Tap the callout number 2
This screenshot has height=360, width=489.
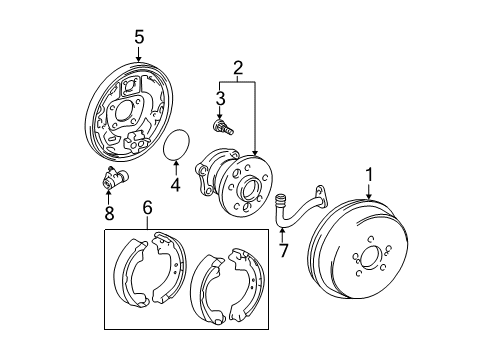[237, 68]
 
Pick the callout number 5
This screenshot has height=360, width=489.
[139, 37]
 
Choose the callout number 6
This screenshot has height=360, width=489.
[147, 208]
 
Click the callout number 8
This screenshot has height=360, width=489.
[110, 212]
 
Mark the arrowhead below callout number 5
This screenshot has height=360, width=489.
[139, 58]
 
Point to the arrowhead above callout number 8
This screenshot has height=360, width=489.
[110, 196]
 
